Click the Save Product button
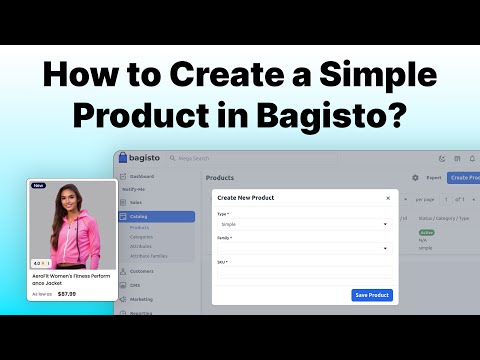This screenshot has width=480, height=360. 372,295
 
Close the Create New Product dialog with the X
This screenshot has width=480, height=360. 388,198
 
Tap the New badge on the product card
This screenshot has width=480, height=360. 39,186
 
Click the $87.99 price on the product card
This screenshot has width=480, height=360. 67,294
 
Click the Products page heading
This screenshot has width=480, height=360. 220,178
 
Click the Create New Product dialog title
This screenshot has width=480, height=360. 247,198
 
